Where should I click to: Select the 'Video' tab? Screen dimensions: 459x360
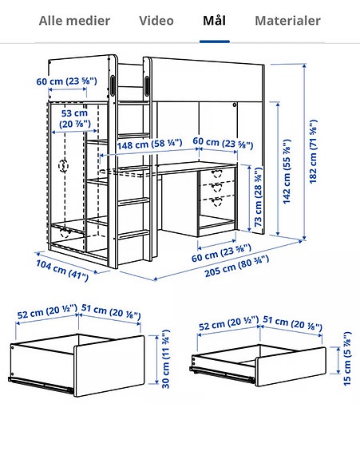tap(156, 21)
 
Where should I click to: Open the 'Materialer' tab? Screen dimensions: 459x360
tap(287, 21)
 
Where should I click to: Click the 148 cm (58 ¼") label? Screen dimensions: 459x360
tap(152, 144)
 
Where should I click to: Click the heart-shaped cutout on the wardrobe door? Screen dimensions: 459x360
tap(63, 168)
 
